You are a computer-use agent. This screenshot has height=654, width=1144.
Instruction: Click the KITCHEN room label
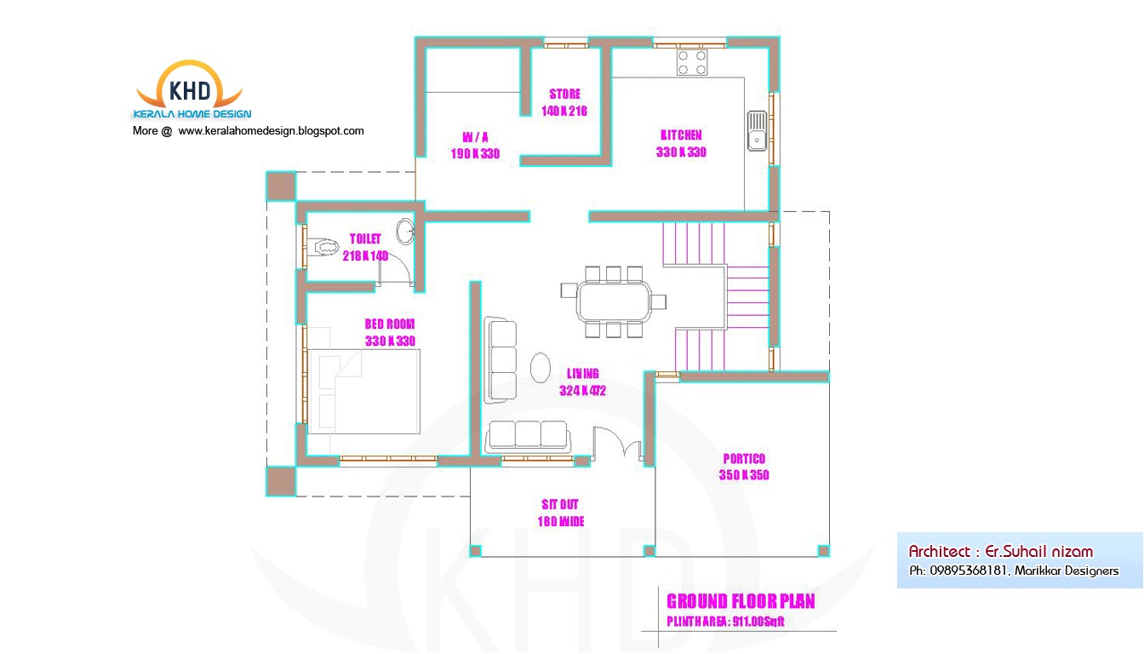tap(681, 135)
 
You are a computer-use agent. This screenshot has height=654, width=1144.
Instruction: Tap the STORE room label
tap(564, 94)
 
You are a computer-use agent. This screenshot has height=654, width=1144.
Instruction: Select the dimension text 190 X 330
tap(475, 154)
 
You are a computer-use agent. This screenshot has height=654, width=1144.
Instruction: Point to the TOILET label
tap(365, 238)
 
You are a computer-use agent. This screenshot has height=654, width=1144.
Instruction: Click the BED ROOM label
tap(390, 324)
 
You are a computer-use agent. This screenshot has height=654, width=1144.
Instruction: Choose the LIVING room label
tap(583, 373)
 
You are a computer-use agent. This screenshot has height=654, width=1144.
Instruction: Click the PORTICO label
tap(744, 458)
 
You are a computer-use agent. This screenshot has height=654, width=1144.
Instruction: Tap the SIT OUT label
tap(560, 504)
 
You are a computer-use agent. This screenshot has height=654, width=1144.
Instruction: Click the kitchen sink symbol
tap(757, 130)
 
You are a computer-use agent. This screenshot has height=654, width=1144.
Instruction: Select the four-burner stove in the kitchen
tap(691, 62)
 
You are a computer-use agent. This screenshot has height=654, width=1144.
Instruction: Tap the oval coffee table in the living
tap(541, 367)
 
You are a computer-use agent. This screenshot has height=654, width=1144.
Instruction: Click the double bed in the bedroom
tap(363, 391)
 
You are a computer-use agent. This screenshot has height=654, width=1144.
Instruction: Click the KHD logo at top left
tap(192, 89)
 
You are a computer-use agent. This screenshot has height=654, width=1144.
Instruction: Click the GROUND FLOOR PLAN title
tap(740, 601)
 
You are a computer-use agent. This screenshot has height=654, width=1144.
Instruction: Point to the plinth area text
tap(724, 622)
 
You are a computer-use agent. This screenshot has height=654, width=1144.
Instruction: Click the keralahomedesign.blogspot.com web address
tap(271, 131)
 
